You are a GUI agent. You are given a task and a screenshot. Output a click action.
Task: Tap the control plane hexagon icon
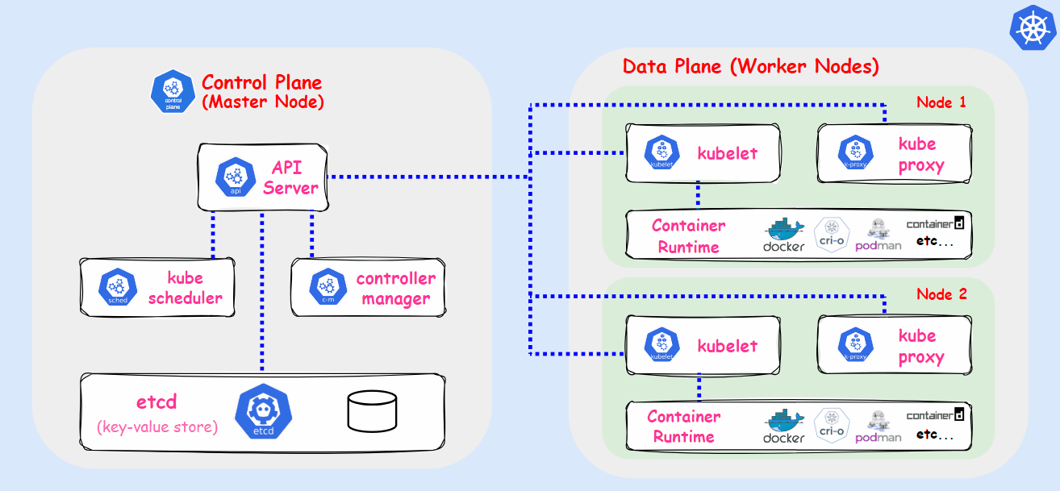pyautogui.click(x=172, y=90)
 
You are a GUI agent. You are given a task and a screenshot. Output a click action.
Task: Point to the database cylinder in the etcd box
pyautogui.click(x=373, y=410)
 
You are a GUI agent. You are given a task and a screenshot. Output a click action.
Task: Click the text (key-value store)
pyautogui.click(x=157, y=427)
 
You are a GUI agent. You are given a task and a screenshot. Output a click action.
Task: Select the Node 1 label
pyautogui.click(x=941, y=102)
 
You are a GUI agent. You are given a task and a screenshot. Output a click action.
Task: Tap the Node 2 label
pyautogui.click(x=941, y=294)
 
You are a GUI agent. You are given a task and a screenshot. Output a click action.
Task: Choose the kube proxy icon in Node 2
pyautogui.click(x=855, y=345)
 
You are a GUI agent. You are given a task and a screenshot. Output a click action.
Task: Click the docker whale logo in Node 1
pyautogui.click(x=784, y=234)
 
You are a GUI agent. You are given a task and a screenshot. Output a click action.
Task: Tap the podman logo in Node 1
pyautogui.click(x=878, y=234)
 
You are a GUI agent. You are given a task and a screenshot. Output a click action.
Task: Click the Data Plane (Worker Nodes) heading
pyautogui.click(x=750, y=66)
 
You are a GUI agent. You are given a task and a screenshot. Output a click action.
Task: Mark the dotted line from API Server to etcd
pyautogui.click(x=261, y=290)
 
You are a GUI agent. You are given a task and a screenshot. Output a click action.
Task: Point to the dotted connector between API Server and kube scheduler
pyautogui.click(x=213, y=235)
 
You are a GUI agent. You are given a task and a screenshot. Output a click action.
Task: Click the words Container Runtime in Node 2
pyautogui.click(x=684, y=427)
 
